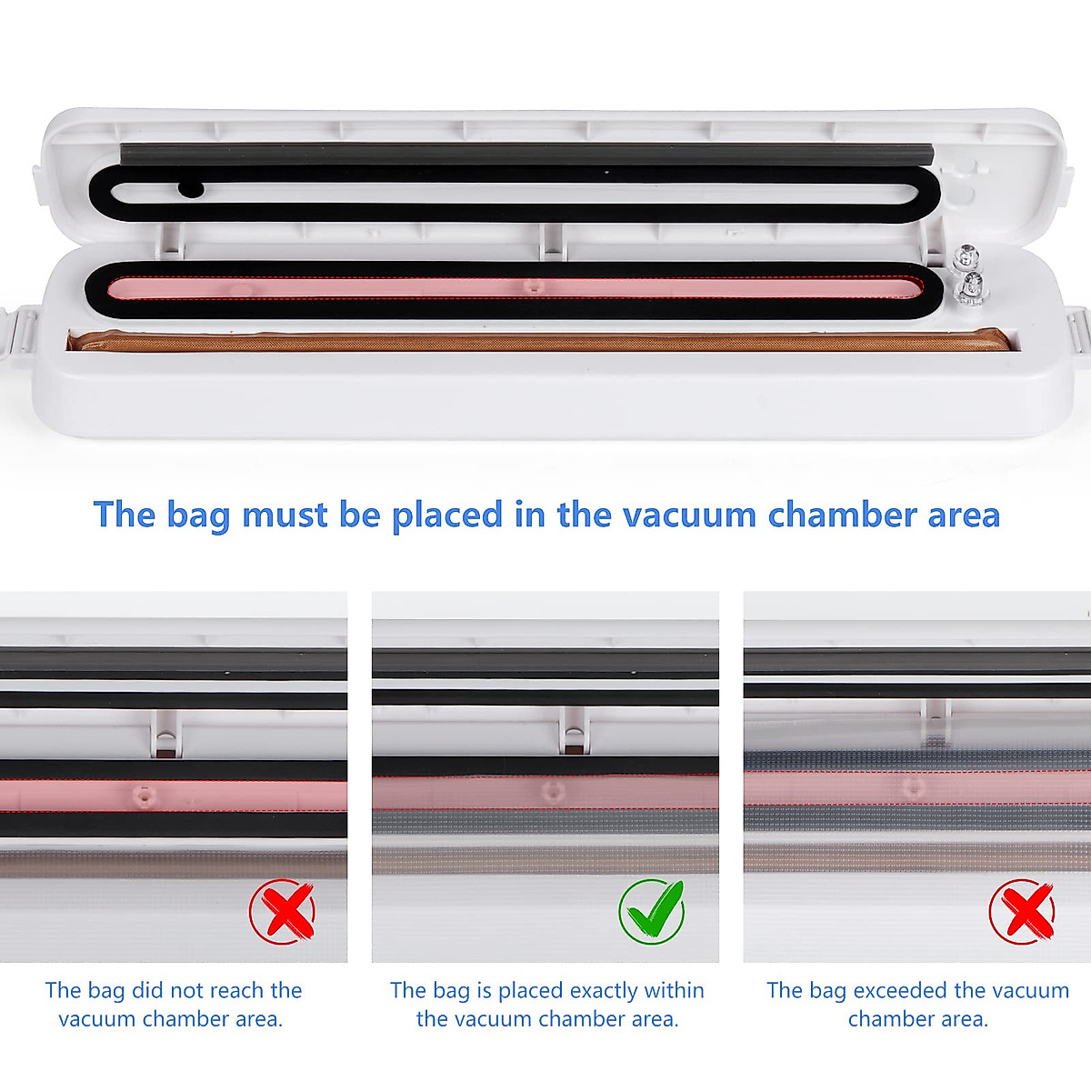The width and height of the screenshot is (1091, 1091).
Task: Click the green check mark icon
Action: click(x=651, y=910)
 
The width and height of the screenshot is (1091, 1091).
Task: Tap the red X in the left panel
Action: click(x=282, y=910)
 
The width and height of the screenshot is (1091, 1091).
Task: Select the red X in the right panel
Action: click(x=1022, y=910)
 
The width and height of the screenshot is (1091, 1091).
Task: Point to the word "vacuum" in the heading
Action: click(x=690, y=515)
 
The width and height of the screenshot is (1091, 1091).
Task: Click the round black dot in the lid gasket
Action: click(x=190, y=189)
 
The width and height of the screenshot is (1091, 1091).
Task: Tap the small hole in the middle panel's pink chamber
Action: click(x=549, y=791)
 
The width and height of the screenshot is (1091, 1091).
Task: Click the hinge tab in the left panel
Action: click(x=165, y=732)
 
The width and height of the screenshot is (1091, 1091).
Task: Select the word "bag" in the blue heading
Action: click(x=197, y=516)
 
